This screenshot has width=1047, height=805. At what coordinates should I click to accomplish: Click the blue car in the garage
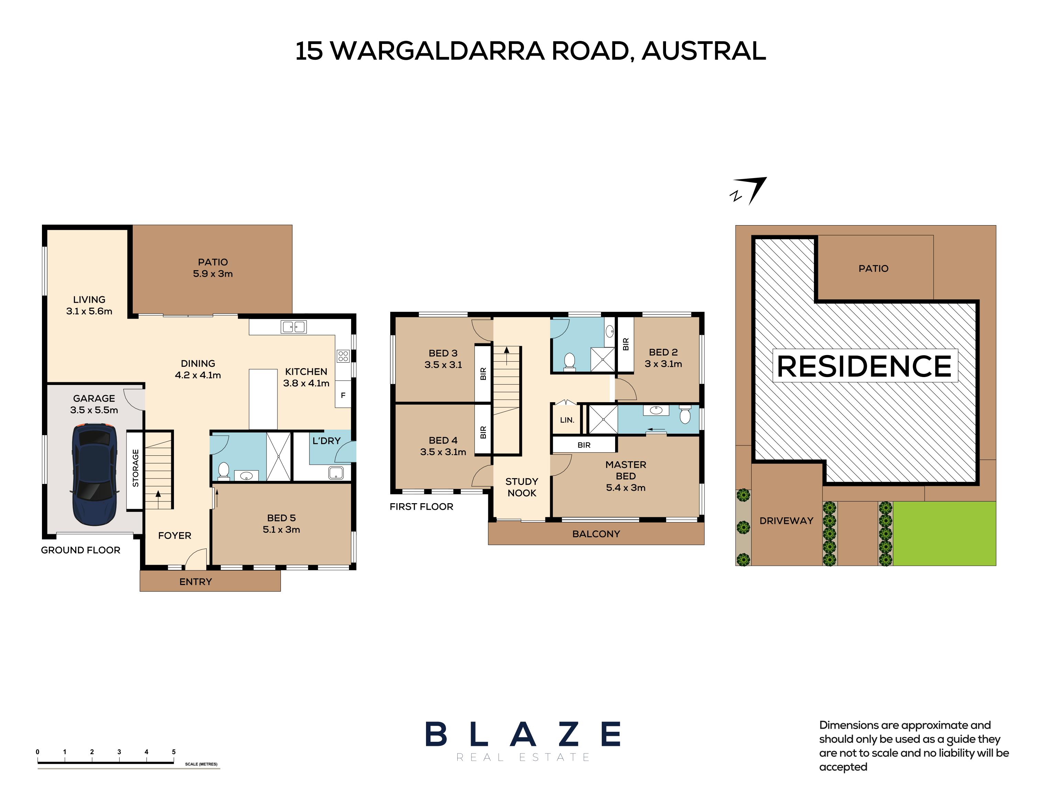[x=95, y=474]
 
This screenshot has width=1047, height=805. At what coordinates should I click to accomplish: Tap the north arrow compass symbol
[x=749, y=191]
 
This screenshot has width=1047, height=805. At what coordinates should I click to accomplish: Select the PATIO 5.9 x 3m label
[x=213, y=268]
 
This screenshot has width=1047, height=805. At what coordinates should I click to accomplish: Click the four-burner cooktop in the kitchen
[x=343, y=355]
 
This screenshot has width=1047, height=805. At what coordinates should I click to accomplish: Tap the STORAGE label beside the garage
[x=135, y=468]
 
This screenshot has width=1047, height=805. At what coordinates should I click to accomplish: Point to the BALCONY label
[x=596, y=534]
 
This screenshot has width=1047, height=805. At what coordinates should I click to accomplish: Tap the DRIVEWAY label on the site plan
[x=786, y=521]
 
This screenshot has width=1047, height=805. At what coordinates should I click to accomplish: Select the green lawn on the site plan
[x=945, y=533]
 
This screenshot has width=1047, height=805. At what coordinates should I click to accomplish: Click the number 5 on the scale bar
[x=174, y=752]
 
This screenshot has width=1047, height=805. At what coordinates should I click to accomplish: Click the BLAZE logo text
[x=523, y=734]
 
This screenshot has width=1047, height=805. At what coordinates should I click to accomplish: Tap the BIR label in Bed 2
[x=625, y=344]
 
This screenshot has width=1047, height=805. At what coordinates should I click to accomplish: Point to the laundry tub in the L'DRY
[x=336, y=473]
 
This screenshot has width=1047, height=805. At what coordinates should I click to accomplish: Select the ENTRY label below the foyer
[x=196, y=582]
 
